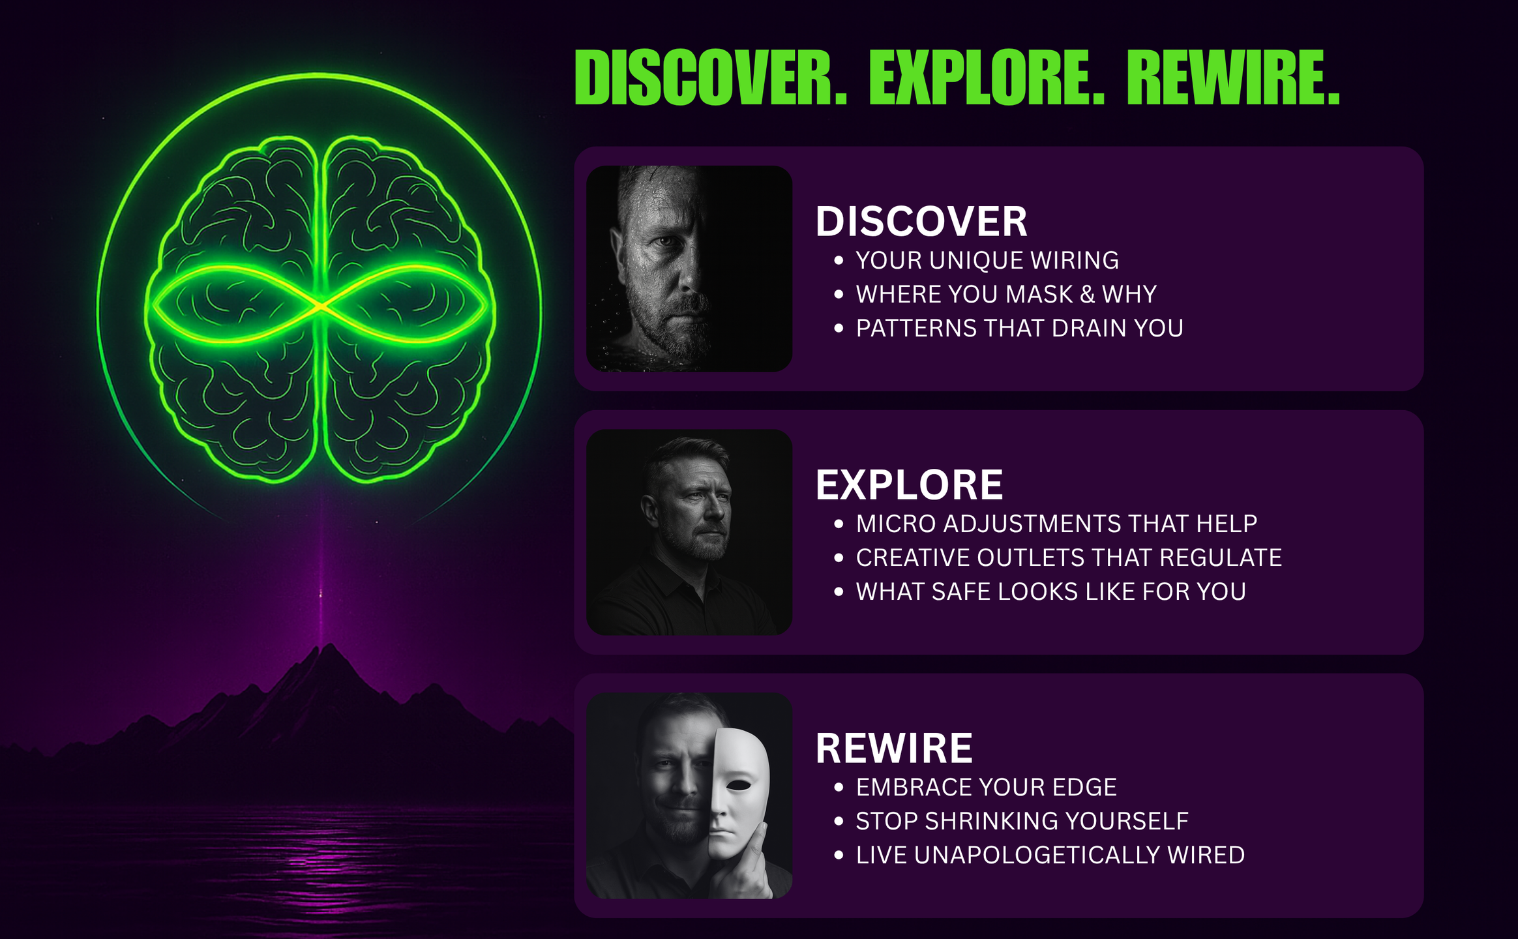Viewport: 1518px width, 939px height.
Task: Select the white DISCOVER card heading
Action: coord(921,221)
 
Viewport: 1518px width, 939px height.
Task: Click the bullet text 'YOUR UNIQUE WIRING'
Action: coord(987,260)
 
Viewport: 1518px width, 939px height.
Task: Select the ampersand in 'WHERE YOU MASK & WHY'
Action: coord(1087,294)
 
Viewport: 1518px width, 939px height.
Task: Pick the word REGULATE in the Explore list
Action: coord(1221,558)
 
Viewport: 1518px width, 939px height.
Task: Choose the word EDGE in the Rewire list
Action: coord(1084,787)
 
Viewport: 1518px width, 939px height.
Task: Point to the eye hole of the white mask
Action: coord(739,785)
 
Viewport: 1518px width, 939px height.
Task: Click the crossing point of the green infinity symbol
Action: coord(320,305)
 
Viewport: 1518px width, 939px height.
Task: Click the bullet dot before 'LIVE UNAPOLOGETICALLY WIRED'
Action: coord(839,855)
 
